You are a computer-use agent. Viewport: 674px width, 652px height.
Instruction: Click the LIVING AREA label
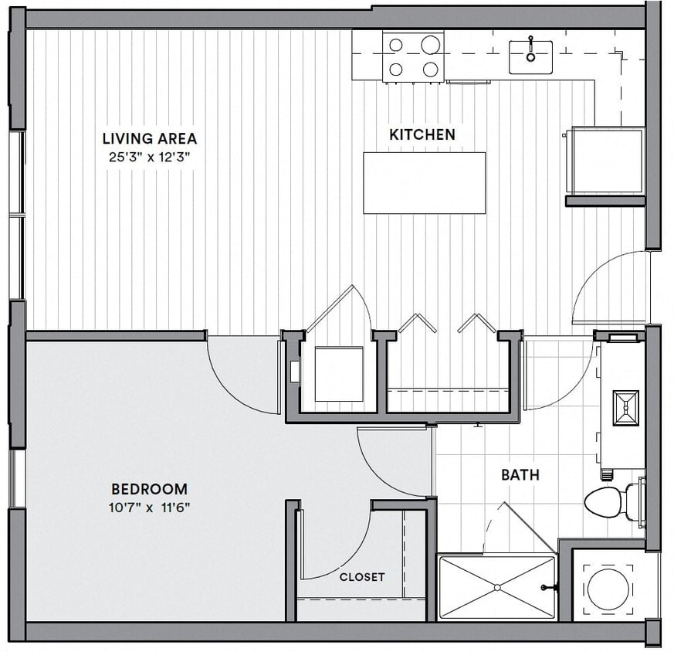pyautogui.click(x=149, y=139)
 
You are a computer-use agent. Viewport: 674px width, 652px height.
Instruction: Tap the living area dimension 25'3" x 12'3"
pyautogui.click(x=149, y=157)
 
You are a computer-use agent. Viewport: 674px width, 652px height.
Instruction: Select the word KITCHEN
pyautogui.click(x=422, y=134)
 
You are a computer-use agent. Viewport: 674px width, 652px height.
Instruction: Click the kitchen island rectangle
pyautogui.click(x=424, y=183)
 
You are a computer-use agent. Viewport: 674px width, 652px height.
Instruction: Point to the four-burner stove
pyautogui.click(x=413, y=56)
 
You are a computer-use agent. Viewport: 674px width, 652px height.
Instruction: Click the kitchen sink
pyautogui.click(x=530, y=56)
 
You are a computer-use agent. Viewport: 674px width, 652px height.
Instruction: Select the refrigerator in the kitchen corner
pyautogui.click(x=606, y=161)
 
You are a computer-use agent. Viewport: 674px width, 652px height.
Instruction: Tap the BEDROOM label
pyautogui.click(x=149, y=489)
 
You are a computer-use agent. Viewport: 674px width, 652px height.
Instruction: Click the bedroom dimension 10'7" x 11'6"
pyautogui.click(x=149, y=508)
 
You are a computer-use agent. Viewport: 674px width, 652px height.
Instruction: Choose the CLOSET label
pyautogui.click(x=361, y=577)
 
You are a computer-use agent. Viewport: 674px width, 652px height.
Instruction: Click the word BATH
pyautogui.click(x=520, y=475)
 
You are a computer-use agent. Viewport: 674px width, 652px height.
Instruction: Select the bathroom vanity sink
pyautogui.click(x=625, y=408)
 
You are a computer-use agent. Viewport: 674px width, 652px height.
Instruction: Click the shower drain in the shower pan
pyautogui.click(x=497, y=588)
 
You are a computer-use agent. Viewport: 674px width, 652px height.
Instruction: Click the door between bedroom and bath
pyautogui.click(x=394, y=460)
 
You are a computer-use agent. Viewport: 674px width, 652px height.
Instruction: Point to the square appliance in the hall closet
pyautogui.click(x=338, y=374)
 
